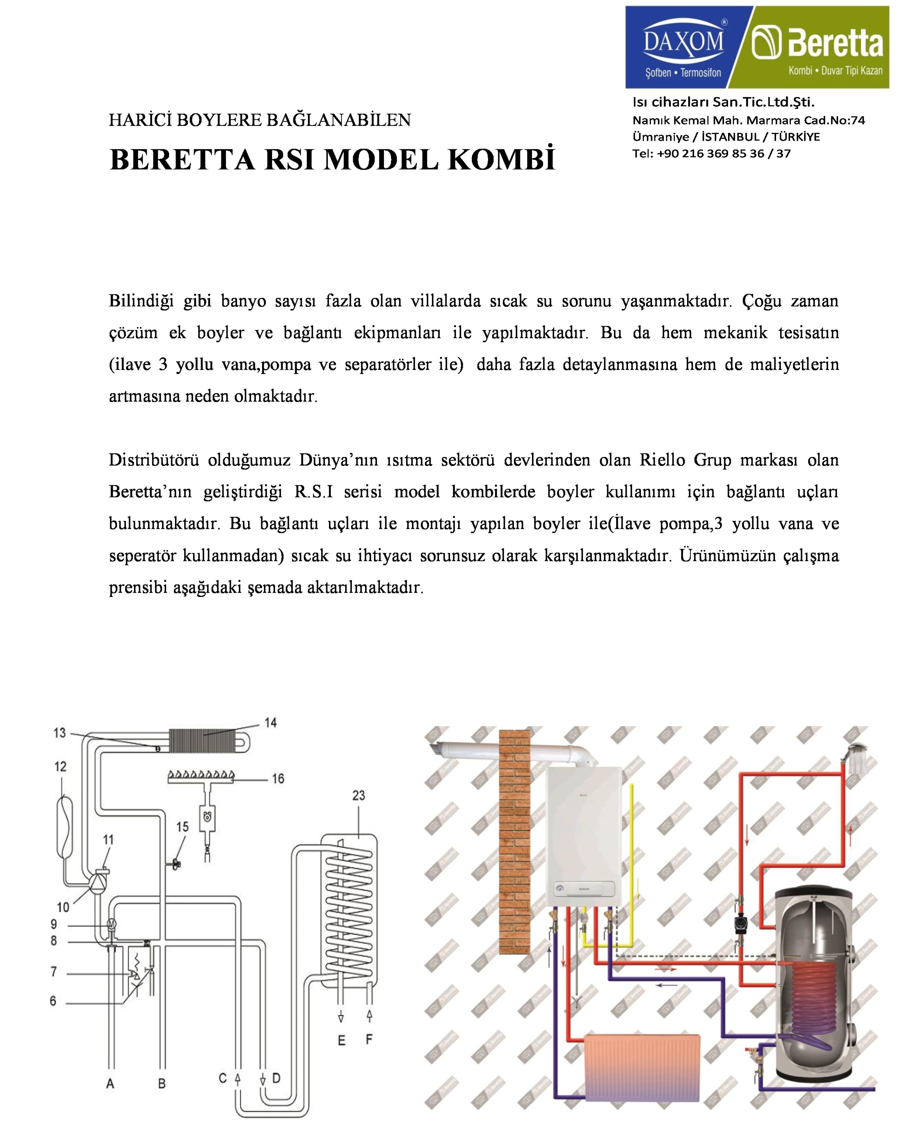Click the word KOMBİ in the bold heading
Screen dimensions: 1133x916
click(x=501, y=159)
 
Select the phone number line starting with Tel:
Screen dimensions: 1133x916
click(x=711, y=153)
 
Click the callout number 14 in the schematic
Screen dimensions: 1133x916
click(x=271, y=723)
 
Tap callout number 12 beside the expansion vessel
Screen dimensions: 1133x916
click(x=60, y=767)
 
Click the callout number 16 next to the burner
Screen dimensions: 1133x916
click(x=278, y=779)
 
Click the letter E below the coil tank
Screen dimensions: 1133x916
click(x=341, y=1040)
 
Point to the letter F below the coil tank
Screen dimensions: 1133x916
click(x=369, y=1039)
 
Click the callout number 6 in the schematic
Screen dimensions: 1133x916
click(x=53, y=1001)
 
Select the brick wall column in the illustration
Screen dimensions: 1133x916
click(x=515, y=844)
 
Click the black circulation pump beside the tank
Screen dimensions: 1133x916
click(x=740, y=923)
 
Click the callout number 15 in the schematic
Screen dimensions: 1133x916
click(x=183, y=827)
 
